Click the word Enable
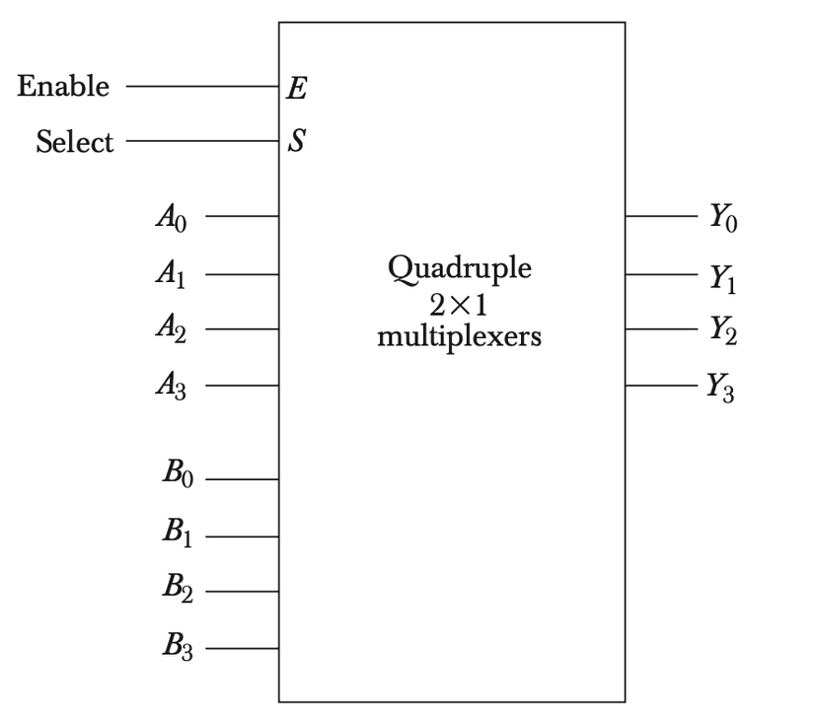click(63, 87)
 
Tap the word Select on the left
click(74, 143)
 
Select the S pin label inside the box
click(295, 144)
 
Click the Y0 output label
click(722, 218)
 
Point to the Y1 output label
click(722, 279)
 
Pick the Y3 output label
click(720, 387)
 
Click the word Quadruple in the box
click(459, 269)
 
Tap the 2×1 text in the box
click(459, 304)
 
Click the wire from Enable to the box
click(201, 87)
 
